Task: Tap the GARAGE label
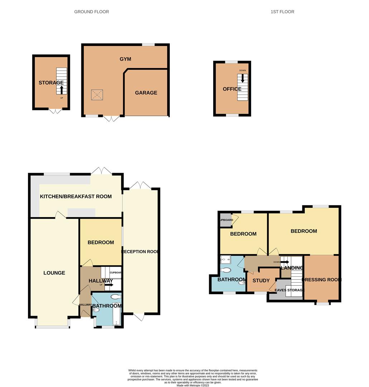coord(146,92)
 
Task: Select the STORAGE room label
coord(51,83)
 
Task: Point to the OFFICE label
coord(232,89)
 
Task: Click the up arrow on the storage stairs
coord(62,89)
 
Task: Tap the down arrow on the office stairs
coord(243,78)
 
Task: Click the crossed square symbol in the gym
coord(96,95)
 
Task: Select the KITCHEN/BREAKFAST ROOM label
coord(76,196)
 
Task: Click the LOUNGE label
coord(54,273)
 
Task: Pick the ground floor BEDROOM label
coord(101,242)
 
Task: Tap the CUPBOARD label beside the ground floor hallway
coord(116,272)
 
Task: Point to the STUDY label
coord(261,281)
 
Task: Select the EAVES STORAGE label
coord(289,290)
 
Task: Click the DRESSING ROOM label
coord(322,280)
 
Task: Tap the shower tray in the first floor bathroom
coord(226,259)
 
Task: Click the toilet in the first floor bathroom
coord(226,270)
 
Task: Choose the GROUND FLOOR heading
coord(91,12)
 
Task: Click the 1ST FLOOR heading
coord(282,12)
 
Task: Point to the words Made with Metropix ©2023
coord(193,385)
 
